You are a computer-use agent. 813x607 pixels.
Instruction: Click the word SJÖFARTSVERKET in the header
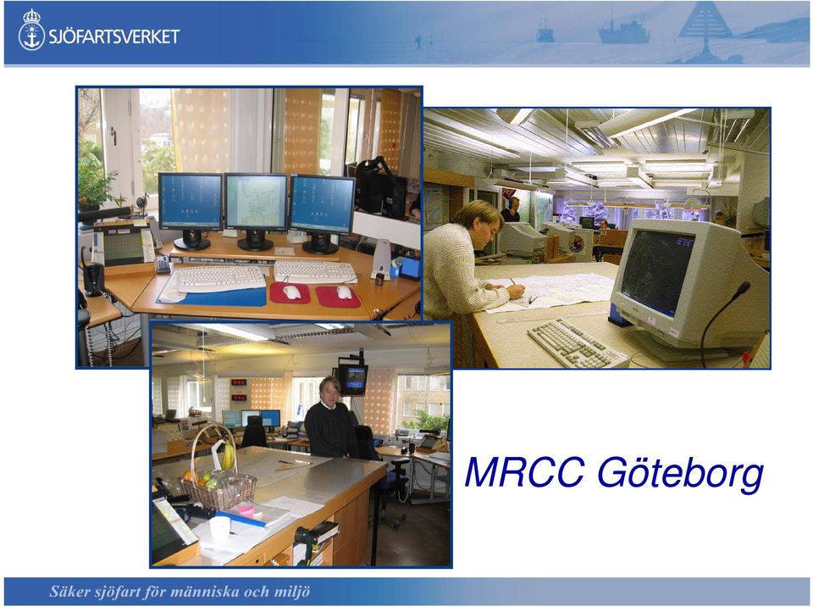click(x=114, y=36)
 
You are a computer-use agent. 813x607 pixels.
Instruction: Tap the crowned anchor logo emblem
click(x=31, y=30)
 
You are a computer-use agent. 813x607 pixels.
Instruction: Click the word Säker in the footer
click(x=69, y=591)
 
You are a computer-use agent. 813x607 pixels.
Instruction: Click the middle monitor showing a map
click(x=256, y=203)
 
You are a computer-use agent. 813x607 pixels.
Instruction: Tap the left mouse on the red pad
click(x=291, y=292)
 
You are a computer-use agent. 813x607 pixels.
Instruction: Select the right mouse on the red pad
click(x=344, y=292)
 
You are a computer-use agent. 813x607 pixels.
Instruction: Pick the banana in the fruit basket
click(x=228, y=455)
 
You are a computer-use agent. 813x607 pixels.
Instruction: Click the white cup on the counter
click(x=219, y=529)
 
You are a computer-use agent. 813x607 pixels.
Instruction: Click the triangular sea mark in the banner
click(x=705, y=26)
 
